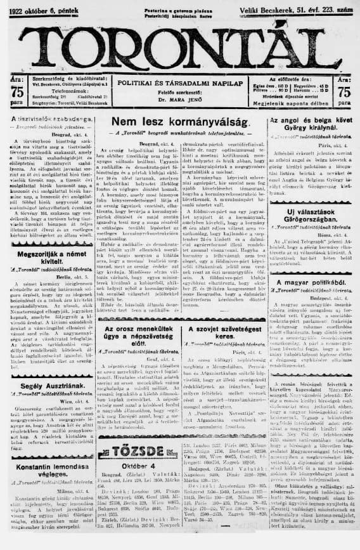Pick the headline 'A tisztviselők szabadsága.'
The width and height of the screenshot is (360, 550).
(x=48, y=119)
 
